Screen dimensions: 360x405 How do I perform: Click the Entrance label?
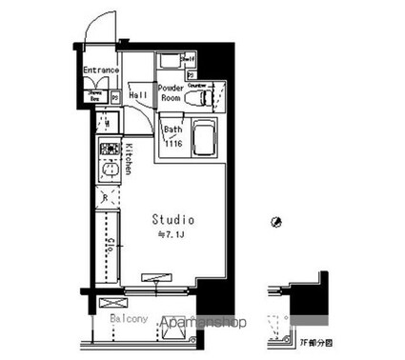point(100,70)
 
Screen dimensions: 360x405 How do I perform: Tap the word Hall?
point(137,95)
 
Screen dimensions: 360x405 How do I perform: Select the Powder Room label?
point(172,93)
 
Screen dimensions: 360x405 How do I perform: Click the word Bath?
point(172,130)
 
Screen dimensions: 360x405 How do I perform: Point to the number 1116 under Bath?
point(173,143)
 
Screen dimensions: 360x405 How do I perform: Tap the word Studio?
point(174,220)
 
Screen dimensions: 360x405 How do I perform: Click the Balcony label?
point(128,318)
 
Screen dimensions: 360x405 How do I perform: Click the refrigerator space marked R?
point(106,199)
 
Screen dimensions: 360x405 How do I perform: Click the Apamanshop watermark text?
point(206,323)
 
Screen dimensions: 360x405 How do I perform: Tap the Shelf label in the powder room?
point(189,59)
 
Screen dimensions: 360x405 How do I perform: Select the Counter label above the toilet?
point(196,84)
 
